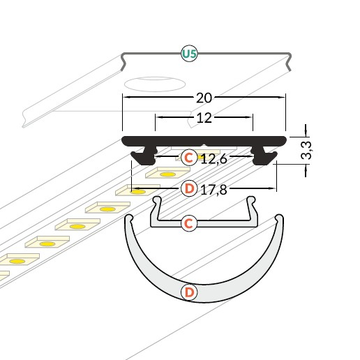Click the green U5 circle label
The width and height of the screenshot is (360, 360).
pyautogui.click(x=189, y=53)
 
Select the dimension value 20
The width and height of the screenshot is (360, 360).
pyautogui.click(x=203, y=98)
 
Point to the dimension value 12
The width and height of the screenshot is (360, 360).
pyautogui.click(x=203, y=118)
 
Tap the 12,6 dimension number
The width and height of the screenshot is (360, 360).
pyautogui.click(x=213, y=159)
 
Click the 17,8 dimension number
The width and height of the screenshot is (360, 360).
pyautogui.click(x=213, y=188)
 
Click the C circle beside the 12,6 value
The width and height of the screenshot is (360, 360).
pyautogui.click(x=188, y=158)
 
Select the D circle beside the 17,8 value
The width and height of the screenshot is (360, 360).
pyautogui.click(x=188, y=188)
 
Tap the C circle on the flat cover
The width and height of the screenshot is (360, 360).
pyautogui.click(x=188, y=223)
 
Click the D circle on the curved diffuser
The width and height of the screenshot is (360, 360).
pyautogui.click(x=188, y=292)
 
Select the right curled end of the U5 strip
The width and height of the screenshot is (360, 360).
pyautogui.click(x=288, y=61)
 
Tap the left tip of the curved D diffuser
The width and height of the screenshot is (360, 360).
pyautogui.click(x=128, y=220)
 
